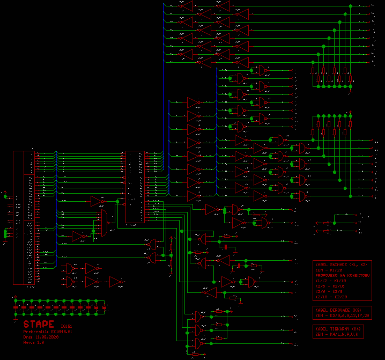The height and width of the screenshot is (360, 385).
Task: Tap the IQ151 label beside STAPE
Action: (x=66, y=326)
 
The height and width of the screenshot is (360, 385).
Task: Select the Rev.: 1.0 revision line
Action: (x=34, y=342)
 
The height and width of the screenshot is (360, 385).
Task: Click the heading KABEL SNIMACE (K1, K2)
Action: (x=342, y=265)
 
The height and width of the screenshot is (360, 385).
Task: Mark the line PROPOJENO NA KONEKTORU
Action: (x=343, y=275)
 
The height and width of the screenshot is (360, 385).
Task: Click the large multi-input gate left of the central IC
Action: (x=103, y=223)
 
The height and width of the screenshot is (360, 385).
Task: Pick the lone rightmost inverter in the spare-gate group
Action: (x=116, y=281)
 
